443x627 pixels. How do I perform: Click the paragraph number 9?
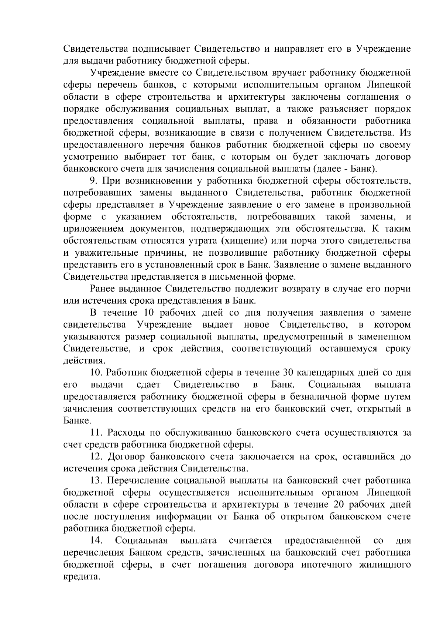(93, 181)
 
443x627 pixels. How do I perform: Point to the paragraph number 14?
(96, 541)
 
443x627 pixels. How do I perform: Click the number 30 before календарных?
(288, 372)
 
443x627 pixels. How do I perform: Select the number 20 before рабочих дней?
(340, 505)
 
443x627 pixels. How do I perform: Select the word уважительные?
(109, 253)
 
